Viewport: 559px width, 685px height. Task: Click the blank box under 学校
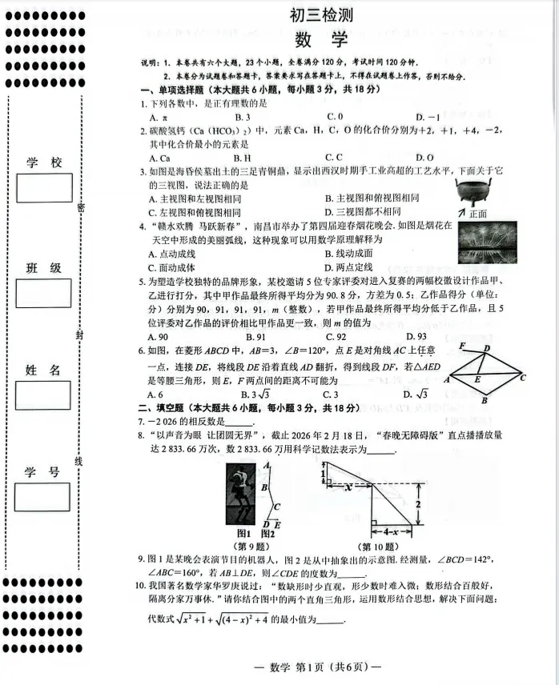tap(43, 188)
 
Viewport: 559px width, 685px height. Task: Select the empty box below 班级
tap(43, 293)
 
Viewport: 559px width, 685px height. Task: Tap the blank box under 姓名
tap(43, 395)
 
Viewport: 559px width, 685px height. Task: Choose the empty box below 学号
tap(43, 497)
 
